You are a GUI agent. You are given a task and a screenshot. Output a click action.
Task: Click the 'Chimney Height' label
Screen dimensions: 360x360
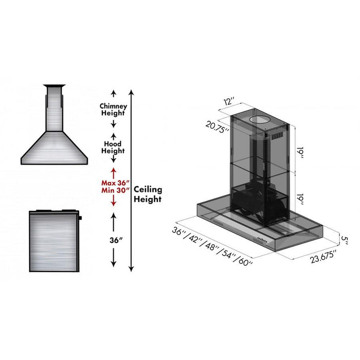[113, 109]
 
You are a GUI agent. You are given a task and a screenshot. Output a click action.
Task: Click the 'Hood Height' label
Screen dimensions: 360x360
[113, 148]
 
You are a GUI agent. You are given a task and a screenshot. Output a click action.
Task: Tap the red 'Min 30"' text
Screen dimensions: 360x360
[114, 190]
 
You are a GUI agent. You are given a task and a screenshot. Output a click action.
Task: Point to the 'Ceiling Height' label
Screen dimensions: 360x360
[148, 194]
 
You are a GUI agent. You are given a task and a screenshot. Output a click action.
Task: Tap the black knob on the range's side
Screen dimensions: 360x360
[81, 220]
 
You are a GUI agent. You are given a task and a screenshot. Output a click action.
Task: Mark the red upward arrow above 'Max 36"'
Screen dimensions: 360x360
[114, 171]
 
